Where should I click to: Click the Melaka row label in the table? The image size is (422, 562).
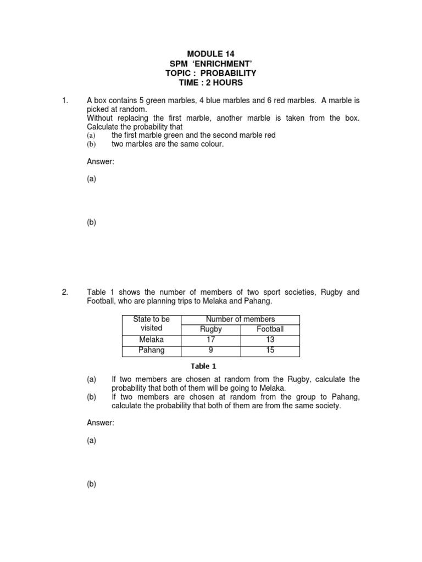coord(152,340)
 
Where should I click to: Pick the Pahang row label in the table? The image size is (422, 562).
coord(152,350)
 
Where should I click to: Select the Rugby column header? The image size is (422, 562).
coord(211,329)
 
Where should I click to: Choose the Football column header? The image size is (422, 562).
coord(270,329)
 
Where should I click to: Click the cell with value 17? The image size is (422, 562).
coord(211,340)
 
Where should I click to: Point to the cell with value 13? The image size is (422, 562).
coord(270,340)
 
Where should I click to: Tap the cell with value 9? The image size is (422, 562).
coord(211,350)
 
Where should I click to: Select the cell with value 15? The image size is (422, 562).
coord(270,350)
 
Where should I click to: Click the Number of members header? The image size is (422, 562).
coord(240,319)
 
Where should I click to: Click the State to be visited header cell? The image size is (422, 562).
coord(152,324)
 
